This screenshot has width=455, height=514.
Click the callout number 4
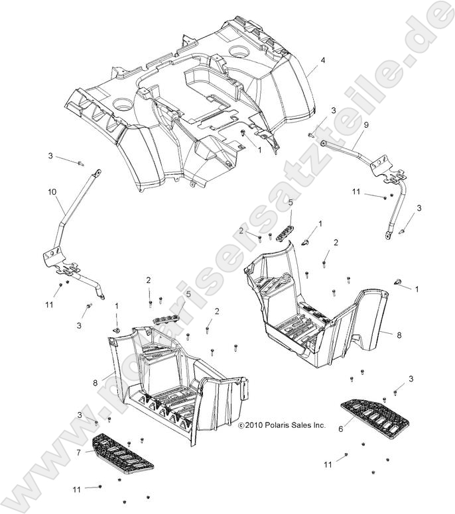[323, 61]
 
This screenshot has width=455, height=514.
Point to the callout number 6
[342, 429]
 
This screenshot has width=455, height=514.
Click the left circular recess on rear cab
[123, 103]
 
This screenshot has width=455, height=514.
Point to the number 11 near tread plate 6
[328, 465]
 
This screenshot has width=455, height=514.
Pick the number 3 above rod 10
[50, 156]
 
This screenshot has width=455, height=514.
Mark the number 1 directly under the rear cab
[259, 150]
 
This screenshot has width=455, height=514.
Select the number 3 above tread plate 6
[411, 378]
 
